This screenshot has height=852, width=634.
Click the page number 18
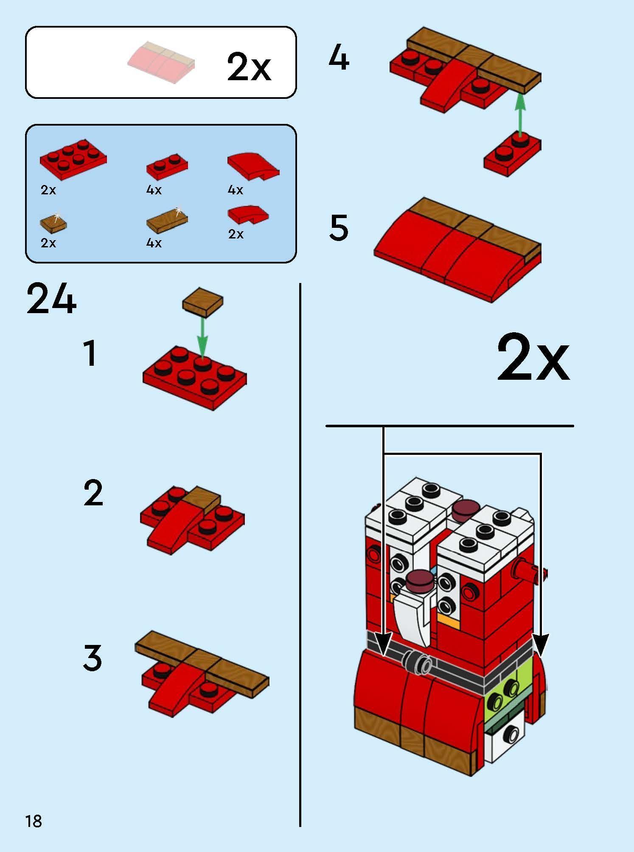tap(34, 821)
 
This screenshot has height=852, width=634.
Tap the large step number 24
tap(51, 299)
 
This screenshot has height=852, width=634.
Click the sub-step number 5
tap(339, 228)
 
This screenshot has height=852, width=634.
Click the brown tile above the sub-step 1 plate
tap(203, 302)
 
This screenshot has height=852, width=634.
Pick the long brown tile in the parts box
tap(167, 219)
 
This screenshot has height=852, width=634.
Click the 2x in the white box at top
tap(249, 67)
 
